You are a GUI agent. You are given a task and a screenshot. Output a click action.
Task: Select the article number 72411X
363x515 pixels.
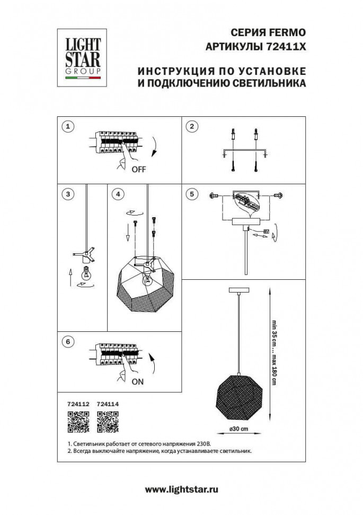point(286,46)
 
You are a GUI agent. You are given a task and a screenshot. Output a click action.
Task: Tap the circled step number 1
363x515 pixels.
point(67,126)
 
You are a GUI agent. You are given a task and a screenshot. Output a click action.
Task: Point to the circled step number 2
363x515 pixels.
point(192,126)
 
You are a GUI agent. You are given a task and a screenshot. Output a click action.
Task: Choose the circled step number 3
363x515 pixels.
point(67,194)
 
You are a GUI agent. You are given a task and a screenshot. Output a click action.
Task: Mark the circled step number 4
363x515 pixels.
point(118,194)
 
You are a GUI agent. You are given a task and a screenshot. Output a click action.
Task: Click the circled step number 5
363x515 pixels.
point(192,194)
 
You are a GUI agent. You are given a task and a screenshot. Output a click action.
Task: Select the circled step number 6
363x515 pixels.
point(67,342)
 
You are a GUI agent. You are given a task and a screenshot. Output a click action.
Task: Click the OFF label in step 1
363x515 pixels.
point(138,170)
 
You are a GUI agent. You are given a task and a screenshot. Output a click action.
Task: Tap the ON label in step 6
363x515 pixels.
point(137,382)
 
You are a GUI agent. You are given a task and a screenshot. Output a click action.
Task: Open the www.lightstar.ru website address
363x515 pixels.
point(181,489)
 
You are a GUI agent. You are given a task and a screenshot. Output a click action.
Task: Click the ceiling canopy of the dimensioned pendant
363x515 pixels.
point(239,290)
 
